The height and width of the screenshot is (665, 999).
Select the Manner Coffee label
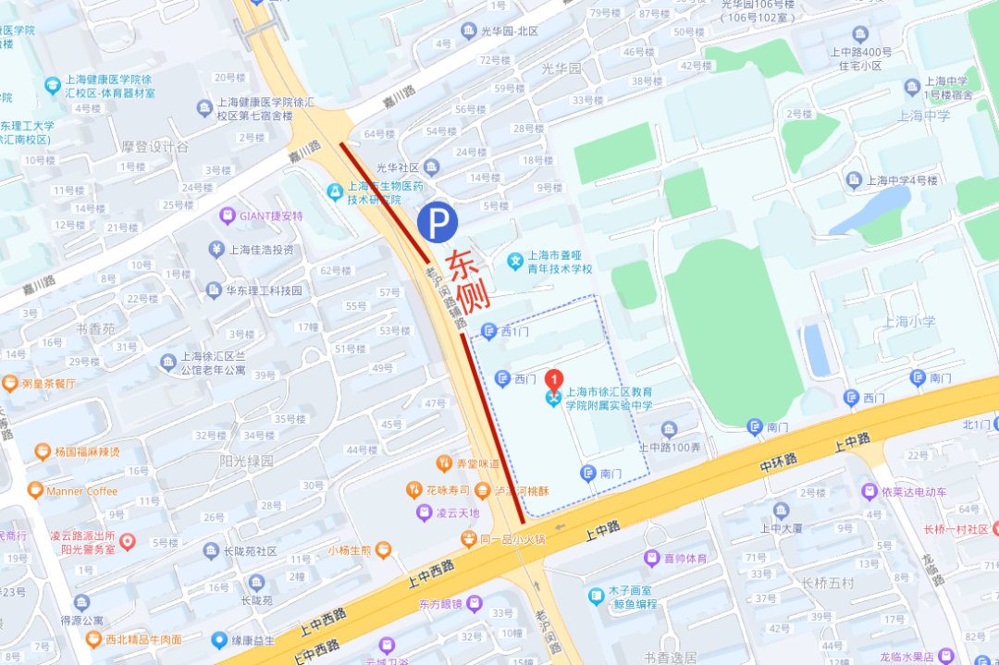tap(82, 491)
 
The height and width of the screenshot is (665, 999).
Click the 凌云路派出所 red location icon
tap(128, 542)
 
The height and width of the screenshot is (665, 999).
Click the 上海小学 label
tap(909, 322)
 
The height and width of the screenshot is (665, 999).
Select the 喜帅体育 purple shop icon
tap(652, 558)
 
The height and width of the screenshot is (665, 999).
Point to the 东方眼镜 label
tap(440, 604)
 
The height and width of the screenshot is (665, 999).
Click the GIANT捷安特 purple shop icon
tap(228, 216)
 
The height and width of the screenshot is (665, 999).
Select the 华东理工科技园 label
tap(264, 289)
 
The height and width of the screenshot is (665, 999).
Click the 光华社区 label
tap(398, 167)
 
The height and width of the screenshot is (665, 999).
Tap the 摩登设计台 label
tap(155, 146)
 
